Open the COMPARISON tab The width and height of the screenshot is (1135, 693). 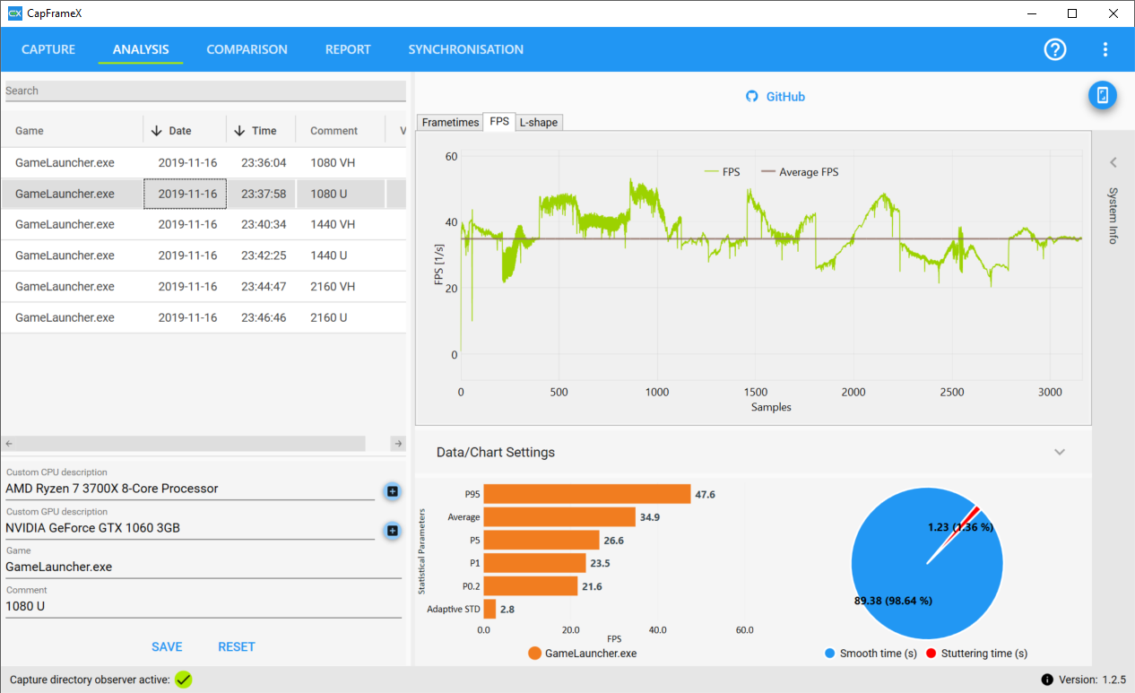247,49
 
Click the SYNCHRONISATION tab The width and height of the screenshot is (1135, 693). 465,49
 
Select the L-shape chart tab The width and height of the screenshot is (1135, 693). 538,122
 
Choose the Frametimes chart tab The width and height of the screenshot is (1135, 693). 450,122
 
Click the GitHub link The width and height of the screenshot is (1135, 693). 775,97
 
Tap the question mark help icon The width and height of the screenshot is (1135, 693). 1055,49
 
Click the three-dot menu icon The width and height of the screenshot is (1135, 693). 1105,49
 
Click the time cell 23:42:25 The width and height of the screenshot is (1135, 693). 264,256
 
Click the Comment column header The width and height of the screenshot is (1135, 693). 334,131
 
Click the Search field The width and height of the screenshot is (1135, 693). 205,91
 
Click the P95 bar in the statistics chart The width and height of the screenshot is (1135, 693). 587,494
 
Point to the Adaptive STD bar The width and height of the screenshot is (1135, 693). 490,610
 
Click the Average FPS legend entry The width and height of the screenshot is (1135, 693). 800,172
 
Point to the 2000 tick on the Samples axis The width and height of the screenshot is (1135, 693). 853,393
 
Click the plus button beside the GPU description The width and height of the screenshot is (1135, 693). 392,531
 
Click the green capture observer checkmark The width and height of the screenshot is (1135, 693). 184,680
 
